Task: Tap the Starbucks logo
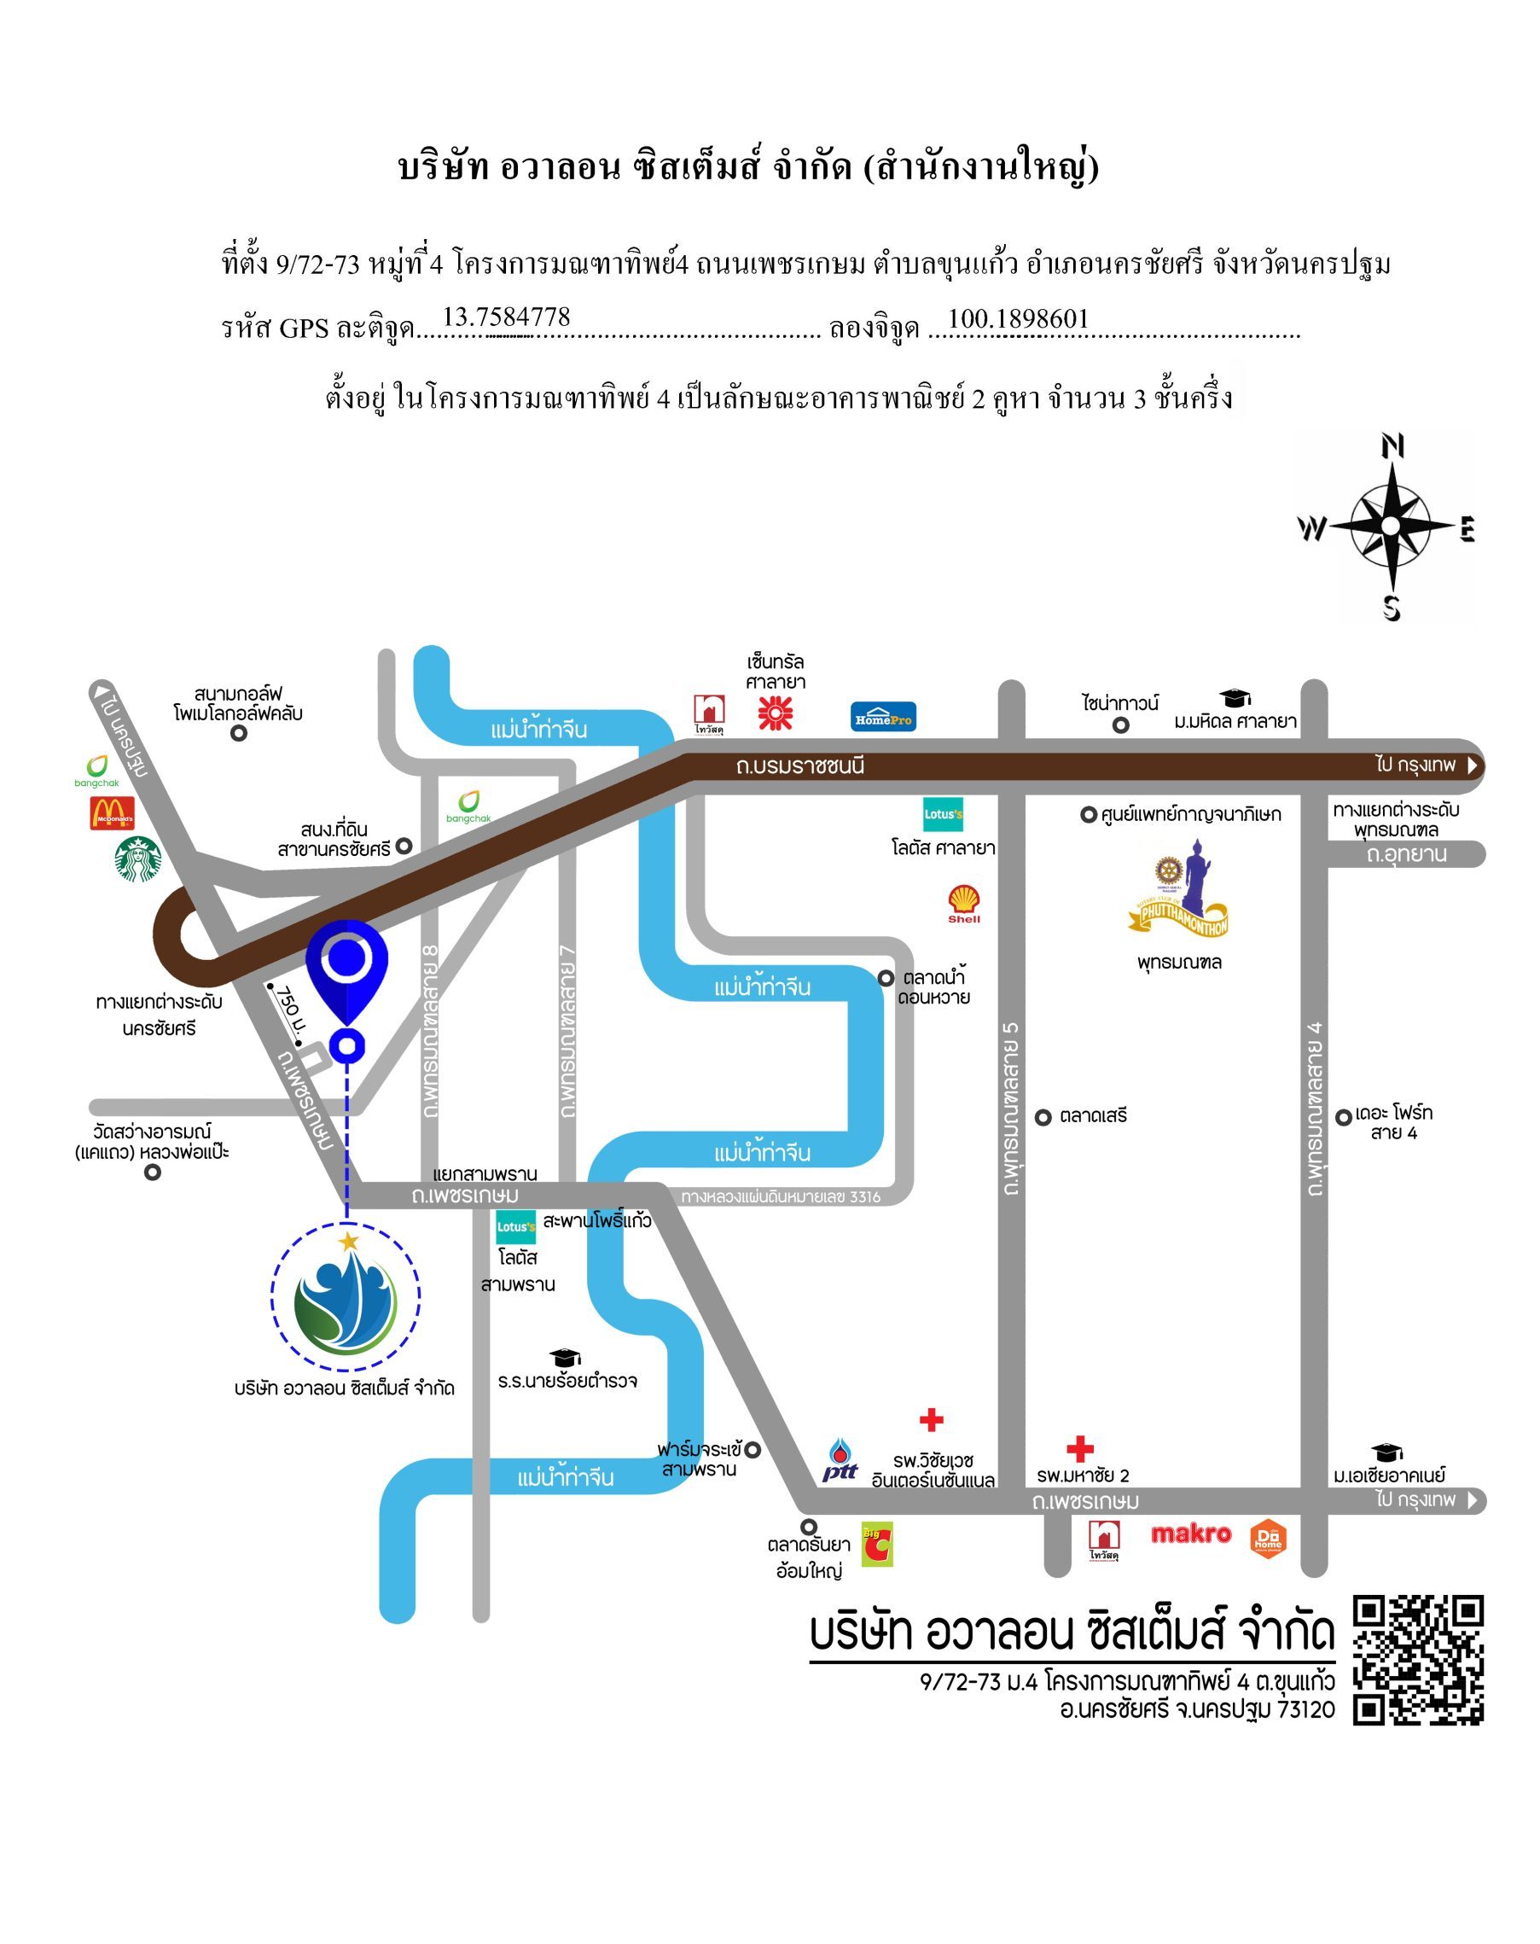138,859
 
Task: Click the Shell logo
964,904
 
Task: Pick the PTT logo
840,1460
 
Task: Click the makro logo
1190,1534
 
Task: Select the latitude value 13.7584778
506,317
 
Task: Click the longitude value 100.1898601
1018,318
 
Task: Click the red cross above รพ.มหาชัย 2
1079,1449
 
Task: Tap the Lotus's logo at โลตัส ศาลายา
943,814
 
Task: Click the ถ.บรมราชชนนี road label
799,765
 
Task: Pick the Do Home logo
1268,1539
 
